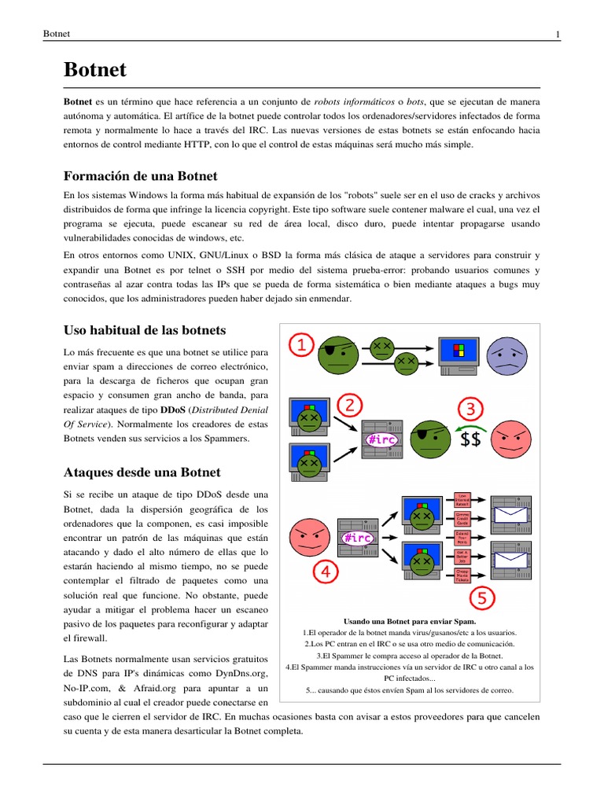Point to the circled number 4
326,572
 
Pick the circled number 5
483,599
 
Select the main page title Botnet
94,69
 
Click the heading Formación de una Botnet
140,175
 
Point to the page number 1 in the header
558,33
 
